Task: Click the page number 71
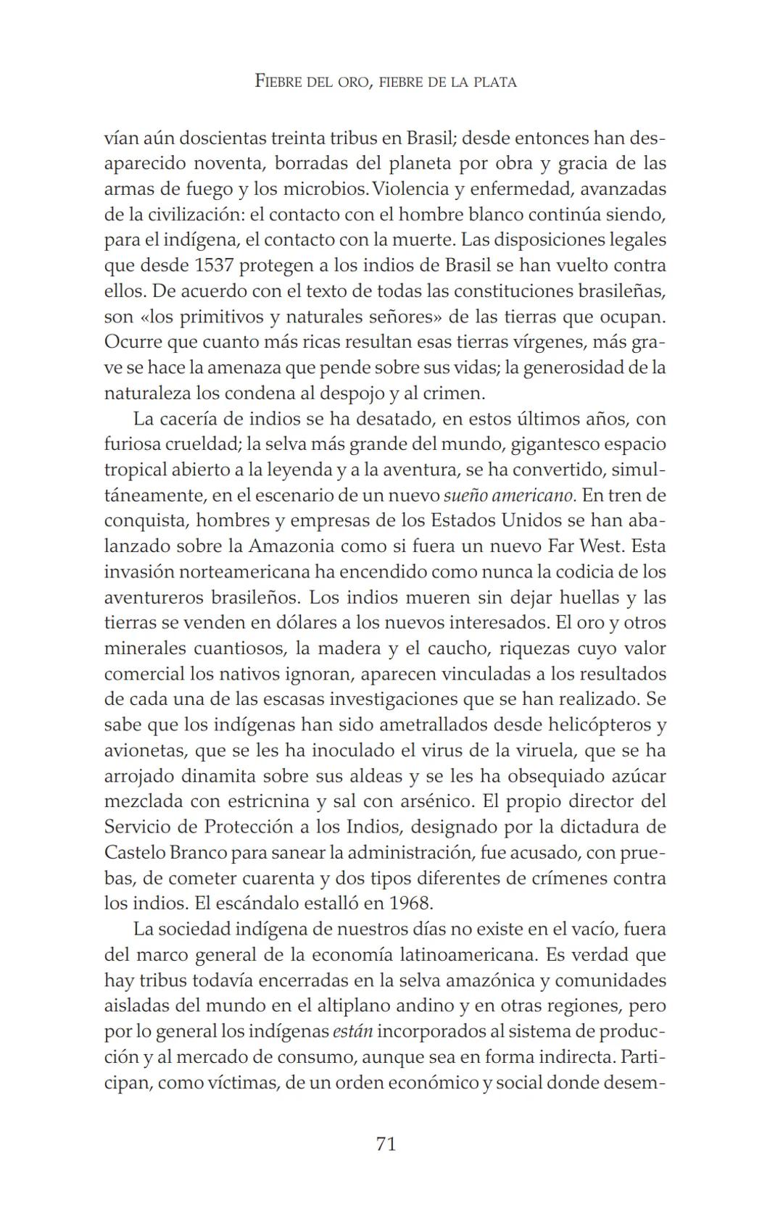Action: pos(386,1144)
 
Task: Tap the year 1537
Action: pos(213,265)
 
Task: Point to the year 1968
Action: pos(410,903)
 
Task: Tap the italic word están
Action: pos(352,1031)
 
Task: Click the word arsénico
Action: pos(426,801)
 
